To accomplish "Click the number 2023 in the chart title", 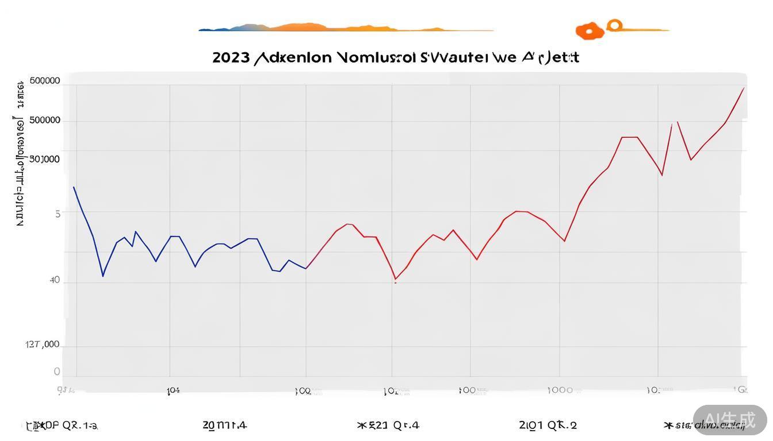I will [231, 57].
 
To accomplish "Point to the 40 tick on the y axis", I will [55, 280].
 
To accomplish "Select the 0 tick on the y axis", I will [57, 372].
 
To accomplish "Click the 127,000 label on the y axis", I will [43, 345].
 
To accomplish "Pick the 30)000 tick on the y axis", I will [44, 159].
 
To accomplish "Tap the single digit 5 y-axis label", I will [58, 214].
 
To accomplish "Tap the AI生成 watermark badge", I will [729, 420].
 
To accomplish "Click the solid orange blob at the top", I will [589, 31].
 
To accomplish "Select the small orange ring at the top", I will [615, 25].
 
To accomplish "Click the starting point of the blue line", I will [74, 187].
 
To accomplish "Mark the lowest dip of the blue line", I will [103, 276].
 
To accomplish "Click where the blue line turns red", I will [307, 268].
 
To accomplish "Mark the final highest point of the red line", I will [744, 88].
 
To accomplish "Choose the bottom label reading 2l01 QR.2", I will [548, 425].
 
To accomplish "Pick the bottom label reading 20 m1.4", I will [224, 425].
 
